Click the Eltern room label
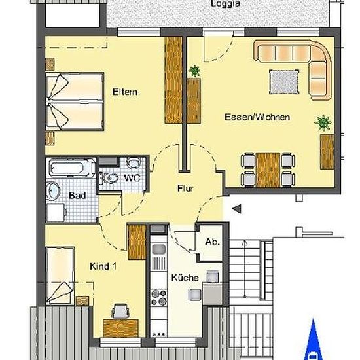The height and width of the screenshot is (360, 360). (x=125, y=92)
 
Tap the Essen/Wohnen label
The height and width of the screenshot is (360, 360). (x=257, y=117)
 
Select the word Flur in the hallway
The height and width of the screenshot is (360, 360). (x=185, y=189)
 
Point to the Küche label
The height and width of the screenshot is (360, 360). (x=185, y=278)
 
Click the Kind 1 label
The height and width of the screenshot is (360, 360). (x=103, y=266)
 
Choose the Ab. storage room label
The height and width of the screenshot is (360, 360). (x=212, y=242)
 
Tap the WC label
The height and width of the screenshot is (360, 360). (x=132, y=178)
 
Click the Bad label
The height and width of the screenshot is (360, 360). (x=77, y=196)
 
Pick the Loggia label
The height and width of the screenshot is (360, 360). (x=225, y=3)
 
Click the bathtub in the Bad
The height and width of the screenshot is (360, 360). (x=71, y=168)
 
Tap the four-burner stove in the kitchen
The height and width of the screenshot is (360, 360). (x=158, y=297)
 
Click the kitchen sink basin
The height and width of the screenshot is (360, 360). (x=158, y=249)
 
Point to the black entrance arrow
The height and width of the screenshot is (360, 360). (x=237, y=209)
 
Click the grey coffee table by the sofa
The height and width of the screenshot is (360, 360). (x=284, y=82)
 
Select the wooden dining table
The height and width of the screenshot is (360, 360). (x=268, y=170)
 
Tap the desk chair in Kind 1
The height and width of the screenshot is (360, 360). (x=120, y=312)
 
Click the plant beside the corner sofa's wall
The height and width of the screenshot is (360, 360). (x=323, y=122)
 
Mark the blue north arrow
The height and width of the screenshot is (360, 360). (x=314, y=340)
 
